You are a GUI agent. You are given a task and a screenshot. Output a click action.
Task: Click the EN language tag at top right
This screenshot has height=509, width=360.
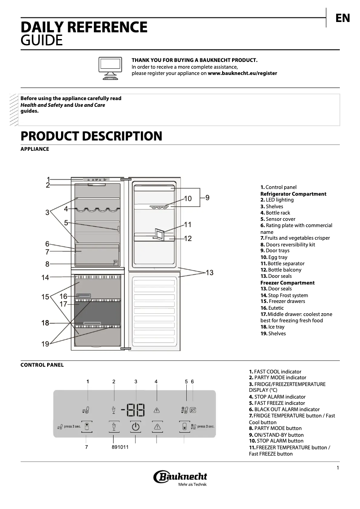[x=342, y=18]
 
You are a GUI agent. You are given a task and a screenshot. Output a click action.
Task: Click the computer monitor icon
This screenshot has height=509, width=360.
[x=110, y=68]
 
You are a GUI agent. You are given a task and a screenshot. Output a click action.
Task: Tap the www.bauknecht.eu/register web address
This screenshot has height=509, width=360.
[x=242, y=73]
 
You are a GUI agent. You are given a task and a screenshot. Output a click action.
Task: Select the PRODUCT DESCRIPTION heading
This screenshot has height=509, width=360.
[x=91, y=136]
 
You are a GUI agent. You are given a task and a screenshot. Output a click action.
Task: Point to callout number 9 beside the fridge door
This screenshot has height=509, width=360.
[x=207, y=197]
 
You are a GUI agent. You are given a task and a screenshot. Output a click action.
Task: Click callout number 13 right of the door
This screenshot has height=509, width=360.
[x=209, y=272]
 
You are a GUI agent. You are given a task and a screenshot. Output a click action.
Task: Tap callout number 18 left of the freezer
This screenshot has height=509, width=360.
[x=45, y=323]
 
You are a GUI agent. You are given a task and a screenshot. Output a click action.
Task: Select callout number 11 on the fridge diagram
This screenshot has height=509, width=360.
[x=188, y=224]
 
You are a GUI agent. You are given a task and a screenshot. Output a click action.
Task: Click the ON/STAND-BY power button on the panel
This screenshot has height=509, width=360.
[x=136, y=426]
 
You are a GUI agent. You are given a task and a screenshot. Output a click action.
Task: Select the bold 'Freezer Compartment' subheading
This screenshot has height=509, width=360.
[x=287, y=283]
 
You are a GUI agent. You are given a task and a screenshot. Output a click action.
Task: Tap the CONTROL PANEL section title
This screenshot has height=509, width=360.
[x=42, y=365]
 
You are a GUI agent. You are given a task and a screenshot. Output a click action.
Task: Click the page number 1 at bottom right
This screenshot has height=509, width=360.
[x=338, y=468]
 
